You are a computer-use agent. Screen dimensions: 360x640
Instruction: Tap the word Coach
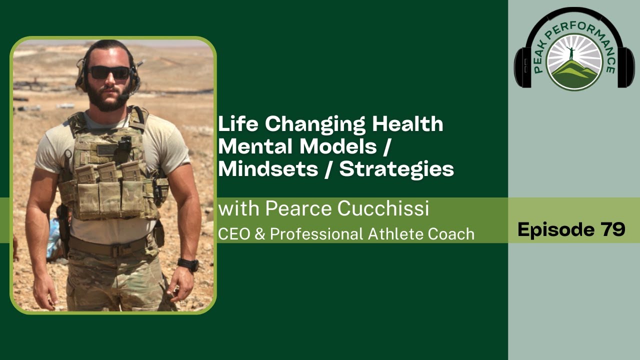(x=454, y=233)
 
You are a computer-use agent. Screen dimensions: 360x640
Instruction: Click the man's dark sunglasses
(x=109, y=72)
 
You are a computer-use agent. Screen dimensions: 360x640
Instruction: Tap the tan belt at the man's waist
(x=107, y=246)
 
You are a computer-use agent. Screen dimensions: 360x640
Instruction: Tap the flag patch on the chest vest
(x=105, y=149)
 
